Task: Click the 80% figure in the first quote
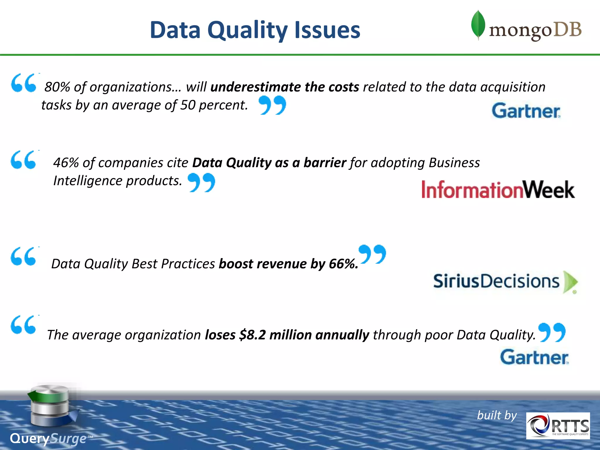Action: pyautogui.click(x=57, y=87)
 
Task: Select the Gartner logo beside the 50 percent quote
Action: pyautogui.click(x=526, y=111)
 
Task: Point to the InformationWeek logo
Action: pyautogui.click(x=498, y=190)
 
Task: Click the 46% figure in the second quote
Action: pyautogui.click(x=66, y=163)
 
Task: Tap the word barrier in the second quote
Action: pyautogui.click(x=325, y=163)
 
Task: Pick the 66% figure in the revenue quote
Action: pyautogui.click(x=343, y=264)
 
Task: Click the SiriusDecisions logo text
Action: pyautogui.click(x=496, y=281)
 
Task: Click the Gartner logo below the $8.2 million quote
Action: pyautogui.click(x=534, y=357)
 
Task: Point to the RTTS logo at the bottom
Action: pyautogui.click(x=558, y=426)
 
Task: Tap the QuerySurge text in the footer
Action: pyautogui.click(x=48, y=439)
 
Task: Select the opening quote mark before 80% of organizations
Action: pyautogui.click(x=24, y=83)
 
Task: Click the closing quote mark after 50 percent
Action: pyautogui.click(x=272, y=105)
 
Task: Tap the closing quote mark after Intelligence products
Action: pyautogui.click(x=201, y=182)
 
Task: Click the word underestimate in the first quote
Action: pyautogui.click(x=255, y=87)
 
